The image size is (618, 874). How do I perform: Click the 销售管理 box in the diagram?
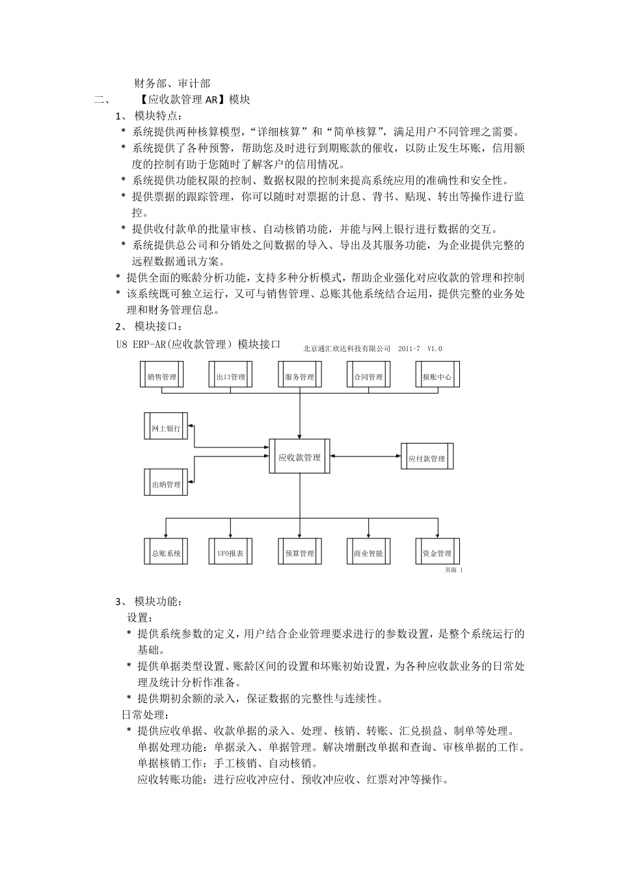point(162,377)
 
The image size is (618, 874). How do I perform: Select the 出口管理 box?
point(231,377)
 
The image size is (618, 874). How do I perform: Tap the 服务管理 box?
point(300,377)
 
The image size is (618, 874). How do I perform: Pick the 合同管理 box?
point(369,377)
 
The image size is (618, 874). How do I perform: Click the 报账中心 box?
point(437,377)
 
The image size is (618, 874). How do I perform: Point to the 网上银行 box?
point(166,428)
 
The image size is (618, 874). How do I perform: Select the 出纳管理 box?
point(166,484)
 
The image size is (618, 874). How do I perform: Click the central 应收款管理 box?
point(300,457)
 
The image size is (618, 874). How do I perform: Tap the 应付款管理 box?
point(427,458)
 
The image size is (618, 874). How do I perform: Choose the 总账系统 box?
point(166,553)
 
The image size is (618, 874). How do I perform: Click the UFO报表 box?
point(231,553)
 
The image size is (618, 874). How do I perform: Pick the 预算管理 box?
point(300,553)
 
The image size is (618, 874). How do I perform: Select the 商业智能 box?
point(369,553)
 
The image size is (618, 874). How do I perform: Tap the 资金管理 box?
point(437,553)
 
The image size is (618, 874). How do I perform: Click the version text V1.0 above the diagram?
point(435,349)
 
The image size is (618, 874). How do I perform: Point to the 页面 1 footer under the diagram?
point(453,570)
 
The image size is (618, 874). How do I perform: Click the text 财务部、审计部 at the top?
point(172,83)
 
